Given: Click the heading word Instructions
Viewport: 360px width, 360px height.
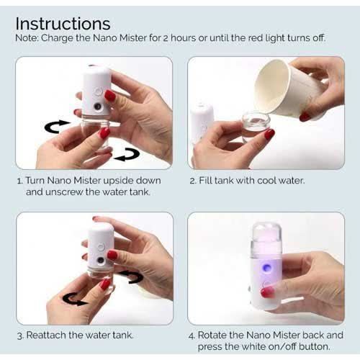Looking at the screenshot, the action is (x=63, y=24).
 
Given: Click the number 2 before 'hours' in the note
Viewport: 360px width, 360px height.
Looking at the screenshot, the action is (x=166, y=38).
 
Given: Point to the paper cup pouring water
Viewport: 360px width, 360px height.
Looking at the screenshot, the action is (x=291, y=88).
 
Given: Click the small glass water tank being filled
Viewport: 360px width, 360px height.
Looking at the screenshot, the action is (x=256, y=126).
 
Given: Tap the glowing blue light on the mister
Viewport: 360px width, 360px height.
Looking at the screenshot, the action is (x=266, y=267).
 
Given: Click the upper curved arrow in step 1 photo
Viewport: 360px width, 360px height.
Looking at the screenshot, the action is (x=55, y=126).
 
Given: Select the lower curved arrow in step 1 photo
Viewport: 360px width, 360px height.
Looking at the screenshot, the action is (x=127, y=155).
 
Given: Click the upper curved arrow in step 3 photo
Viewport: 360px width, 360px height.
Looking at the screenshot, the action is (x=132, y=276).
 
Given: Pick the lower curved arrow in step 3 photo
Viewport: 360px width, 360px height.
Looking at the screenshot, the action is (x=73, y=300).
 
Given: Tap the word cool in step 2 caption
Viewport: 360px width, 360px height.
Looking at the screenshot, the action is (x=264, y=181).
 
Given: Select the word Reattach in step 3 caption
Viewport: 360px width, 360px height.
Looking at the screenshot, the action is (x=46, y=336).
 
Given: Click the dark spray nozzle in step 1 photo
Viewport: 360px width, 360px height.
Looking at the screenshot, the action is (x=97, y=107).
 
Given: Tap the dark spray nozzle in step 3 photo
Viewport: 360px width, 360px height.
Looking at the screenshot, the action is (x=101, y=260).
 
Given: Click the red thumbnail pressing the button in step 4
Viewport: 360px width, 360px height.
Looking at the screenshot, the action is (x=267, y=292).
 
